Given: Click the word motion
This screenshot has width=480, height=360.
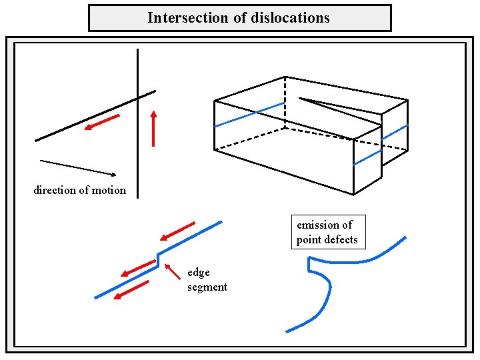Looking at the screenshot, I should pyautogui.click(x=107, y=190).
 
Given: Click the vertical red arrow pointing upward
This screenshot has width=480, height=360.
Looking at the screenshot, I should pyautogui.click(x=153, y=128).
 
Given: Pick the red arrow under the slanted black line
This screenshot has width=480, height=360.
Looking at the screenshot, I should pyautogui.click(x=103, y=123).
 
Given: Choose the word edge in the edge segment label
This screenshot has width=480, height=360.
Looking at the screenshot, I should pyautogui.click(x=199, y=272).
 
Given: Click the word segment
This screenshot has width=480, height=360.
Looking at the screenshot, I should pyautogui.click(x=207, y=287).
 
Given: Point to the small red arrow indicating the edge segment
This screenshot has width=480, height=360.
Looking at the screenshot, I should pyautogui.click(x=173, y=271).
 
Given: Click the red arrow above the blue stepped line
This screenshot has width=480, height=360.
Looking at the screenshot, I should pyautogui.click(x=177, y=231).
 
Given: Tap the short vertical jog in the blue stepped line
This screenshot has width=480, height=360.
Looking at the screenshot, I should pyautogui.click(x=158, y=259).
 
